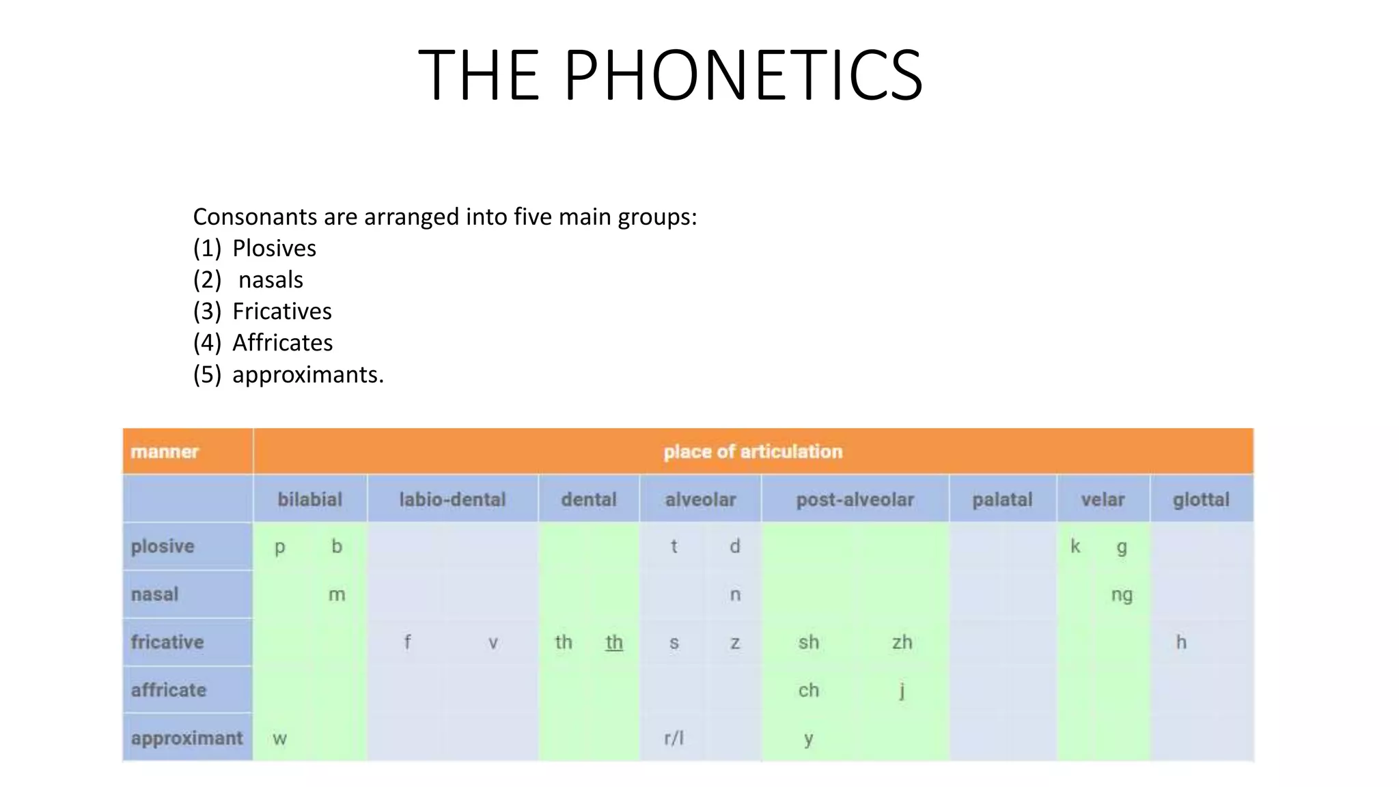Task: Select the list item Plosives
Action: point(274,248)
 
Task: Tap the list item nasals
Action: point(271,279)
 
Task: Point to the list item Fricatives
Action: point(281,311)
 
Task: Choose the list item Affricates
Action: point(282,342)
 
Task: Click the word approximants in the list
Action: point(307,374)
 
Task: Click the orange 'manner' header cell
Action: point(165,452)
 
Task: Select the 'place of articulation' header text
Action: point(753,452)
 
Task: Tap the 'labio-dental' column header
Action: point(452,499)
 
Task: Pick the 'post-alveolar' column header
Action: point(855,499)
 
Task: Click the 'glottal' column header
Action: point(1201,499)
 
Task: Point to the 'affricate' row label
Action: point(169,690)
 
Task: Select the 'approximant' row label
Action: point(186,738)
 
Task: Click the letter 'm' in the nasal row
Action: point(337,595)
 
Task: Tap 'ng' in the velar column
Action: point(1122,595)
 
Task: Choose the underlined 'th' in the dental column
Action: point(614,642)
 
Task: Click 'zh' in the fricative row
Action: point(902,642)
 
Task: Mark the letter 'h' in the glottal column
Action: point(1181,642)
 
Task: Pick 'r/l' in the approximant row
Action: point(674,738)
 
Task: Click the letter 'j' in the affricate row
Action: point(902,691)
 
